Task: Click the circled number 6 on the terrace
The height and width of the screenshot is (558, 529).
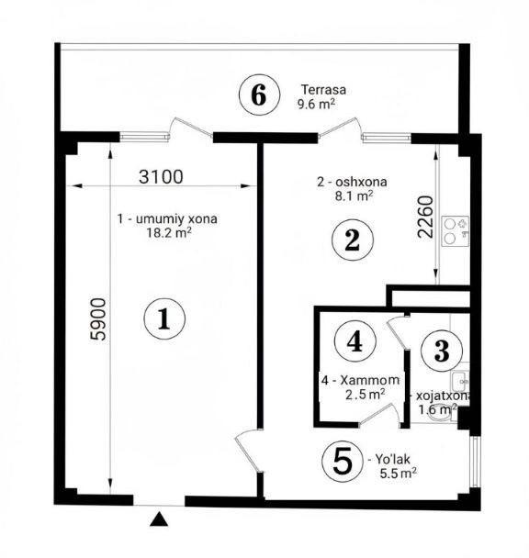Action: (x=259, y=95)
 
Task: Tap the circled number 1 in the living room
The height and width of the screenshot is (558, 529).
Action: (x=164, y=318)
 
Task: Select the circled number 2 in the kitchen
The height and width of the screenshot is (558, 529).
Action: (x=353, y=240)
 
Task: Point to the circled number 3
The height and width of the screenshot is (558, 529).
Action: (x=442, y=351)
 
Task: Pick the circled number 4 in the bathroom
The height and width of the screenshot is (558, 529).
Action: (x=355, y=340)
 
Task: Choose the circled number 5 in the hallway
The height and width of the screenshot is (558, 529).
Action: (x=343, y=462)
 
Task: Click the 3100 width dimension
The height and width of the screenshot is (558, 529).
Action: (x=161, y=176)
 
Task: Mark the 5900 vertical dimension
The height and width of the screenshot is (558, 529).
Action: (x=98, y=319)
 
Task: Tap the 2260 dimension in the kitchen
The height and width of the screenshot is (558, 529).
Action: (x=426, y=218)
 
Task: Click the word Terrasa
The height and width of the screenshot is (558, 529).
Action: (x=323, y=89)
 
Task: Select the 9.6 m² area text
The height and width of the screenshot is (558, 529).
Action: (x=316, y=104)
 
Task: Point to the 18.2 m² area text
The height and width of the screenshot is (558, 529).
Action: (x=169, y=233)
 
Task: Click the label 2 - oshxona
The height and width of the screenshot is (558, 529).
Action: (x=352, y=182)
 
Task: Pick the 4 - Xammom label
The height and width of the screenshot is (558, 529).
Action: (x=360, y=380)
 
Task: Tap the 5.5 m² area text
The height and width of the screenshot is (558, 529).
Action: (x=399, y=474)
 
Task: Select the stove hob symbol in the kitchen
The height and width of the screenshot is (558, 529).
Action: (x=456, y=231)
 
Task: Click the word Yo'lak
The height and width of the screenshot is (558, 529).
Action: (x=392, y=459)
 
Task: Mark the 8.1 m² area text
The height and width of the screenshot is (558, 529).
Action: (x=354, y=195)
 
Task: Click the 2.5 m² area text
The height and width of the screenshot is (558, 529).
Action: (x=365, y=394)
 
